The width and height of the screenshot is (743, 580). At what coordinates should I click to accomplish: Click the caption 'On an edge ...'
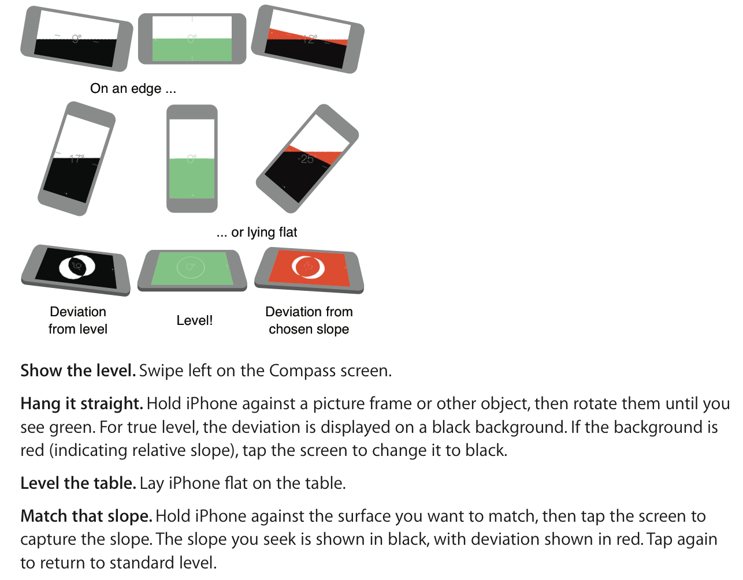133,88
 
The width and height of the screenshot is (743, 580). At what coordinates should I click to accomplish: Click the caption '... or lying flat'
257,232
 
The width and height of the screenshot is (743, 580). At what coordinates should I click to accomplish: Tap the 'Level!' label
195,320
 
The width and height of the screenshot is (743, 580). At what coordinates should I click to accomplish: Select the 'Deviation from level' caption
78,320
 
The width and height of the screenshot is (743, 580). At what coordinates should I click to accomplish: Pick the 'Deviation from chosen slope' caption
309,320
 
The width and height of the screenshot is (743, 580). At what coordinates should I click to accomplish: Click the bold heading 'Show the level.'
78,371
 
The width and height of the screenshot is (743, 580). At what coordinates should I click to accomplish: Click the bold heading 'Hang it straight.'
81,404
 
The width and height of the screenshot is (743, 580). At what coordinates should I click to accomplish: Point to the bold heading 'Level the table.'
79,483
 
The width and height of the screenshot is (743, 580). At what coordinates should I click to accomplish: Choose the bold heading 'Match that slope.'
86,516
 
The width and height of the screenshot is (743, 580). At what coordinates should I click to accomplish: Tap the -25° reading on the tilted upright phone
306,159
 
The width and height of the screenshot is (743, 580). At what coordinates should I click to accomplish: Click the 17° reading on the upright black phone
77,159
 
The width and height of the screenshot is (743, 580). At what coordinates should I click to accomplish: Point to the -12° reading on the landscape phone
310,39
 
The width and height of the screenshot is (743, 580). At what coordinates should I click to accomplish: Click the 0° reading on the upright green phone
192,159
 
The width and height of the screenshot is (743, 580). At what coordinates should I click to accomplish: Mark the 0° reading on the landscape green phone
192,39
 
